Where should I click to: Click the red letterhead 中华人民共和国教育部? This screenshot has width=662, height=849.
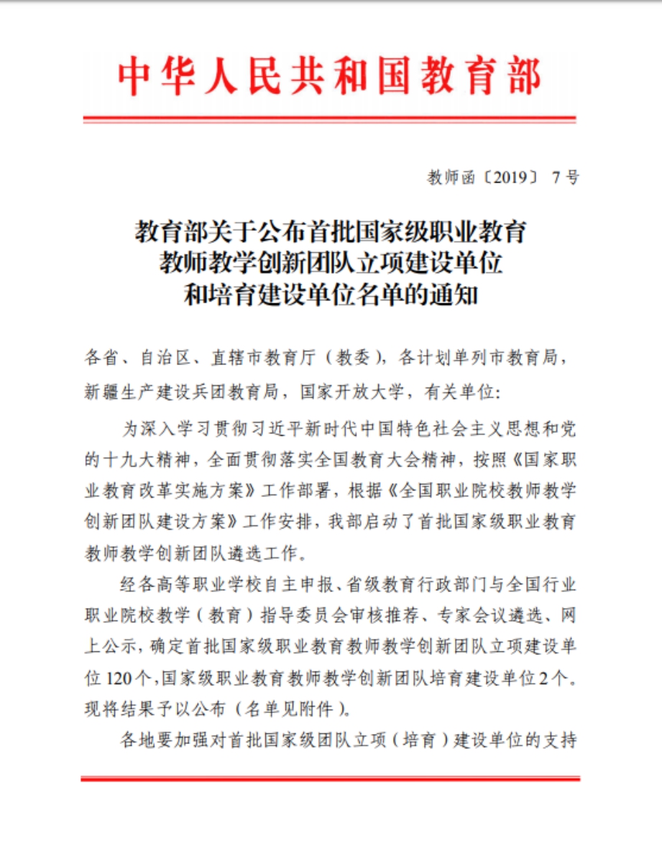[330, 76]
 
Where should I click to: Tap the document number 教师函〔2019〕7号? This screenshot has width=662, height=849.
[502, 178]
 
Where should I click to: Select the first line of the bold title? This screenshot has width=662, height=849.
[331, 232]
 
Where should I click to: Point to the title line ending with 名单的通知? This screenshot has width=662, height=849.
[331, 295]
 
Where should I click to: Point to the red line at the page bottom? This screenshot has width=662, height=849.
[330, 779]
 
